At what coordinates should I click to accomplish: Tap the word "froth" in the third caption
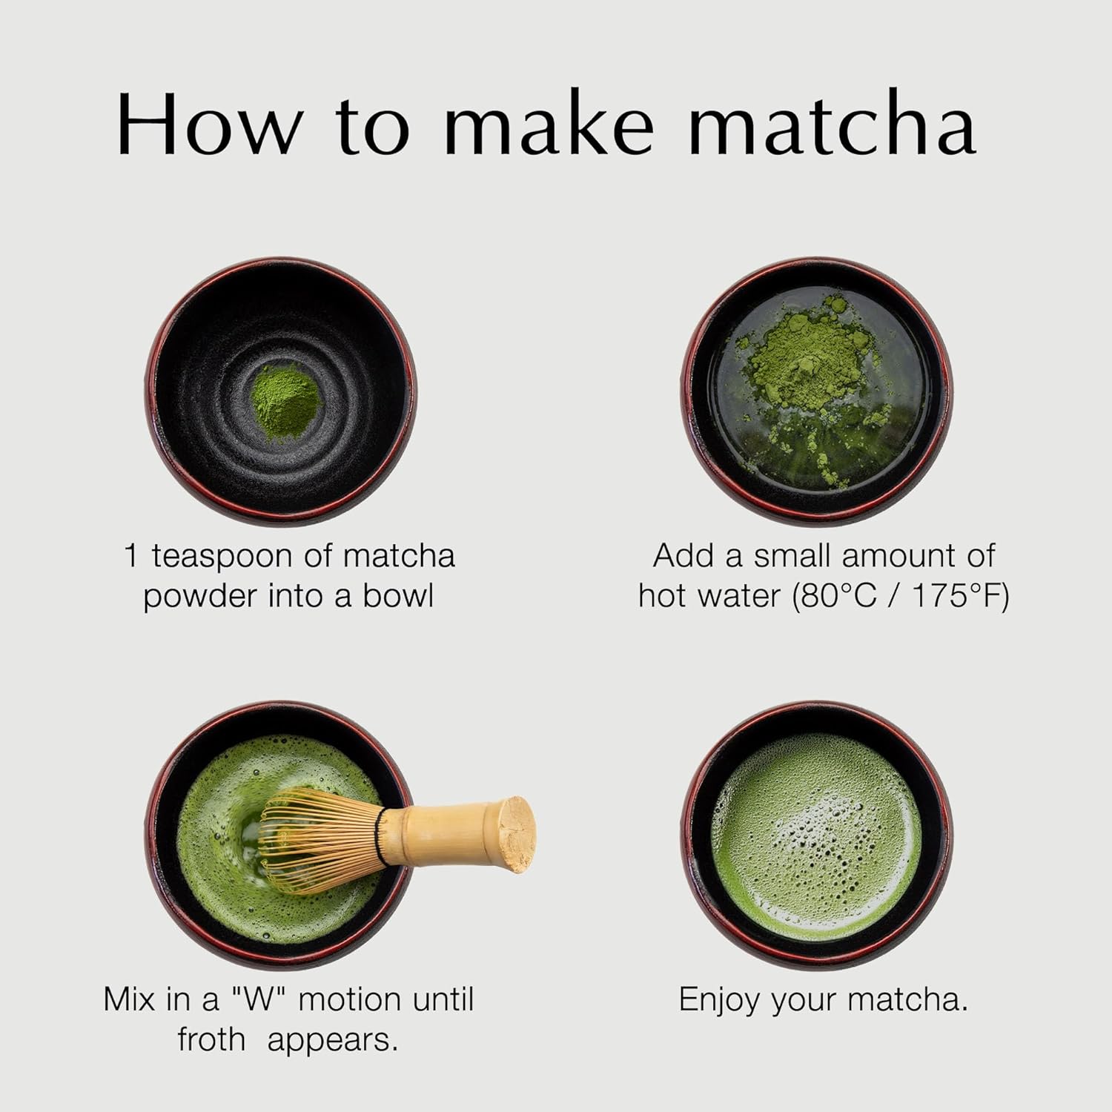(211, 1040)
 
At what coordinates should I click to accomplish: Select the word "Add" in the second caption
(678, 556)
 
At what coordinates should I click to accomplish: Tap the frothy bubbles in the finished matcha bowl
(815, 830)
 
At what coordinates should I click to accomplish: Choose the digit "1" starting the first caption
(131, 556)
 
